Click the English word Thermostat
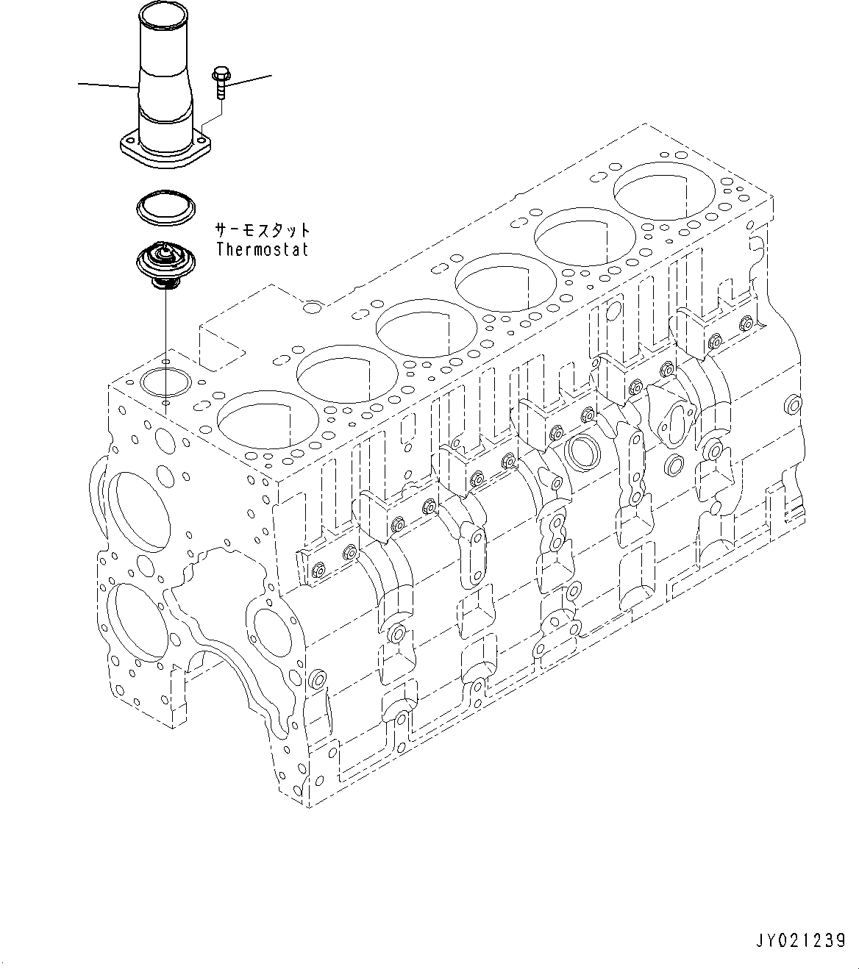click(262, 249)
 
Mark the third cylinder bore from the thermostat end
click(414, 329)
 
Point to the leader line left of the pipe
click(107, 86)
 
